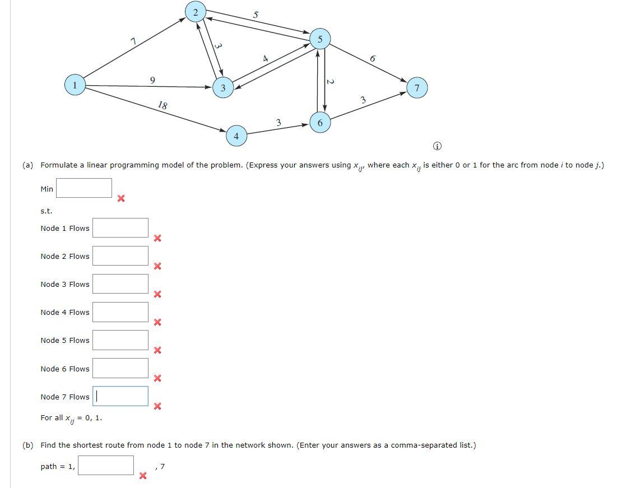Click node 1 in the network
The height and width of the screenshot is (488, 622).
(x=74, y=86)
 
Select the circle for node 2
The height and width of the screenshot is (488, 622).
(x=195, y=12)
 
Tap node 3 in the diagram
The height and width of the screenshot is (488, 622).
(x=223, y=88)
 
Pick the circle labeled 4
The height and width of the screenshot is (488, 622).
(x=236, y=136)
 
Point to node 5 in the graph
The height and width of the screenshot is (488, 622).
(x=320, y=39)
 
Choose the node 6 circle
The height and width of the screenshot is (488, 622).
(x=320, y=123)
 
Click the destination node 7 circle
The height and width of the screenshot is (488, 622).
(x=417, y=88)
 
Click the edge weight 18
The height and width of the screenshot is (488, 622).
(x=163, y=105)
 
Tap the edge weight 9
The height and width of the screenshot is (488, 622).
(x=152, y=80)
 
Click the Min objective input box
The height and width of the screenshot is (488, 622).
(x=84, y=188)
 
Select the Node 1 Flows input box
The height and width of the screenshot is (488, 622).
(x=120, y=227)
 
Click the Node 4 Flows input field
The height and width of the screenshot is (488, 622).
(x=120, y=312)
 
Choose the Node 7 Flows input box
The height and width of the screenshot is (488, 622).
(x=120, y=396)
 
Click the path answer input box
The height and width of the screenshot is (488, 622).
(x=106, y=465)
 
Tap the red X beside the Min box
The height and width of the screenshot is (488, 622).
(x=120, y=198)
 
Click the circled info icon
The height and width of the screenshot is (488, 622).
(x=437, y=146)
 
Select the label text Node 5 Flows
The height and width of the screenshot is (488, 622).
(x=65, y=340)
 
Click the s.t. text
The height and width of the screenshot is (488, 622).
(x=46, y=211)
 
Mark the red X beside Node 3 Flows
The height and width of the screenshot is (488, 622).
(x=157, y=294)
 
